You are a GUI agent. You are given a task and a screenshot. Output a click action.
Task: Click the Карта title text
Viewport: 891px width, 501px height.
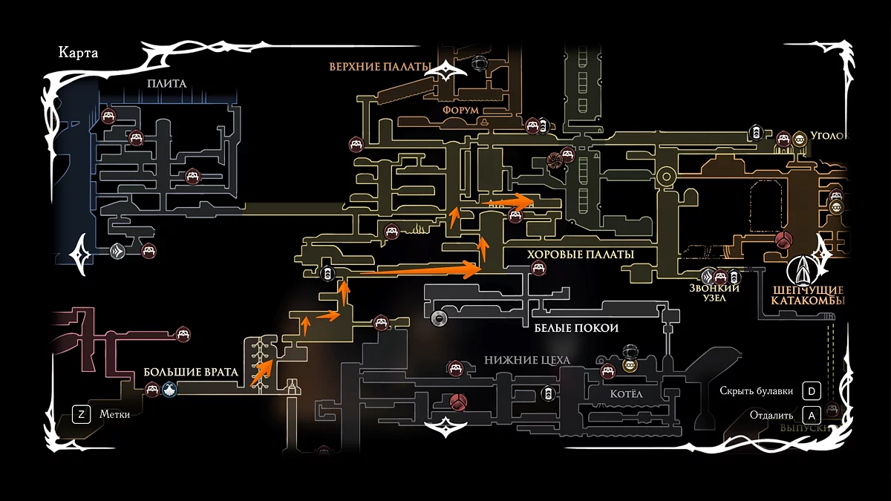coord(78,53)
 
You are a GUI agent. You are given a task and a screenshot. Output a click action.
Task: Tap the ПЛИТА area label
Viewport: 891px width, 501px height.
coord(167,84)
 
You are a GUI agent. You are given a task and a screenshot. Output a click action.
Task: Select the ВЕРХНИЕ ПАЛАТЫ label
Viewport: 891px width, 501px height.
coord(380,67)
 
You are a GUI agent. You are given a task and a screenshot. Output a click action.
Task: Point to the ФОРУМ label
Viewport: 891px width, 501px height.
coord(460,110)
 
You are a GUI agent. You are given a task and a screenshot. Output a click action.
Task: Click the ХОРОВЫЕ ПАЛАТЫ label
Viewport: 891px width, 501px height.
coord(581,255)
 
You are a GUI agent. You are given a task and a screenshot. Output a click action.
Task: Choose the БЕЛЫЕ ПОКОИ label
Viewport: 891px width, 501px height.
coord(576,327)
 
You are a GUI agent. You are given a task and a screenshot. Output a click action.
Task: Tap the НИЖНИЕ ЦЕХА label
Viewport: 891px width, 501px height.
coord(527,360)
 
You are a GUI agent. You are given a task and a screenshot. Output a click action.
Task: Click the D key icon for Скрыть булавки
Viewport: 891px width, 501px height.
coord(812,390)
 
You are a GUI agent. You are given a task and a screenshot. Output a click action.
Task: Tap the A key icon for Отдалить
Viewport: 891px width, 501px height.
coord(812,415)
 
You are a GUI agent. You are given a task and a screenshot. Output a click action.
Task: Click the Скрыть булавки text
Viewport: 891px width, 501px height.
coord(757,390)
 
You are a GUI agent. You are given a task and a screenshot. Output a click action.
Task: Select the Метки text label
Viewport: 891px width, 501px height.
coord(115,414)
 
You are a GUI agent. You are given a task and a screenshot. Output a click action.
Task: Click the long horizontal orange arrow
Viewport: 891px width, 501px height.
coord(420,270)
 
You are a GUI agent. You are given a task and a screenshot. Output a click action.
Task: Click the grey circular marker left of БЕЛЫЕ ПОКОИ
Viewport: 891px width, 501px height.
coord(438,319)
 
